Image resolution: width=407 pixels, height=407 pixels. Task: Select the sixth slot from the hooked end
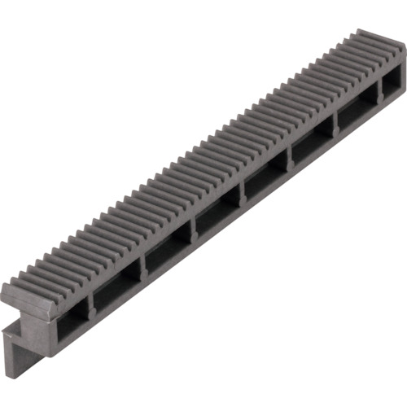(x=309, y=147)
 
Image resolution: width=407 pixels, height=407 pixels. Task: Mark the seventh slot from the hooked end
(x=354, y=116)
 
